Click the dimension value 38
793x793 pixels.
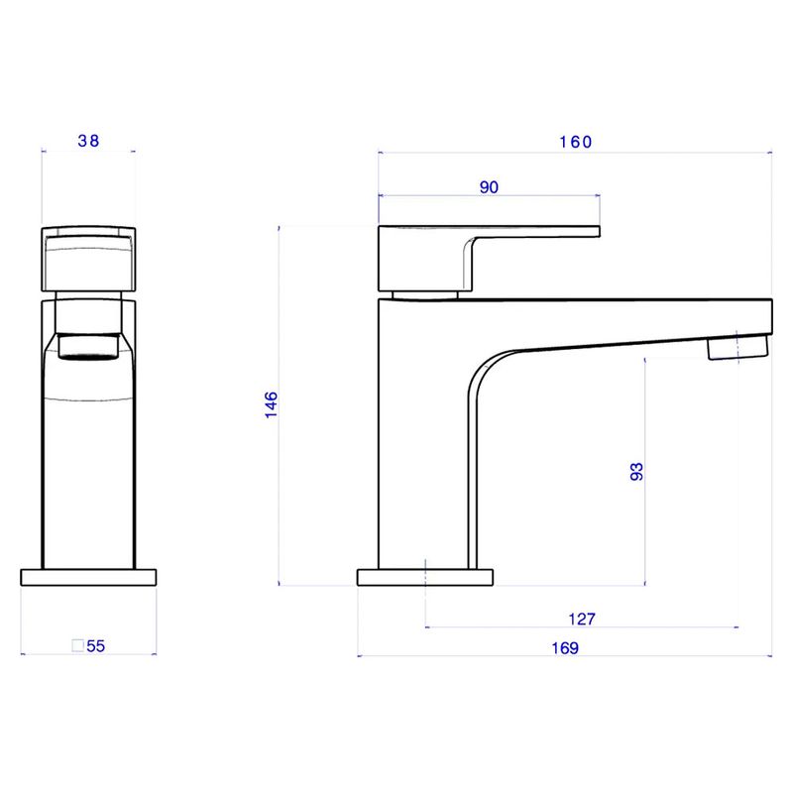(x=88, y=141)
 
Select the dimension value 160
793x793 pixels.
(x=574, y=142)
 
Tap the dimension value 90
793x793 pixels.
(x=488, y=187)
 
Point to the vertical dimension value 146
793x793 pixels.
(x=271, y=405)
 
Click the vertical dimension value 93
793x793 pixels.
(x=637, y=472)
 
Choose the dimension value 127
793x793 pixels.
(x=582, y=620)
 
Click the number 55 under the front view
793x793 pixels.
(x=96, y=646)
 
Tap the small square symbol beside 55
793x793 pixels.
(x=77, y=646)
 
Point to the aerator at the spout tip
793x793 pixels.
(x=737, y=348)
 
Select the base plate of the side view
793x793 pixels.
(x=425, y=577)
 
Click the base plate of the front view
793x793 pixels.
(x=88, y=578)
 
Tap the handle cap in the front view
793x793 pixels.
(x=87, y=260)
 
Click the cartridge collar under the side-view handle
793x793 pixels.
(x=424, y=293)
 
